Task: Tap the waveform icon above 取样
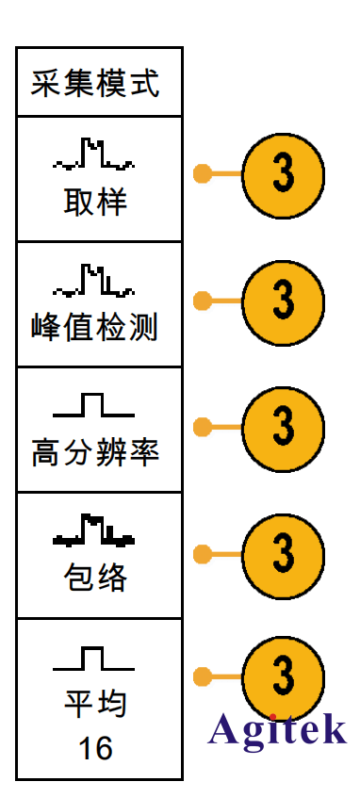(x=94, y=155)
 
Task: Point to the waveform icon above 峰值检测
(x=94, y=280)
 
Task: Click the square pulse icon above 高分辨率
(x=93, y=406)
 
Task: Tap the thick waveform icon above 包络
(x=94, y=531)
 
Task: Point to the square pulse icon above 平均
(x=93, y=658)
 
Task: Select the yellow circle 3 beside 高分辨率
(x=283, y=427)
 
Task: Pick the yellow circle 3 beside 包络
(x=283, y=552)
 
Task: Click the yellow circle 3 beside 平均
(x=283, y=677)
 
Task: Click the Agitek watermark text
(x=277, y=728)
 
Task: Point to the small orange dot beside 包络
(x=201, y=552)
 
